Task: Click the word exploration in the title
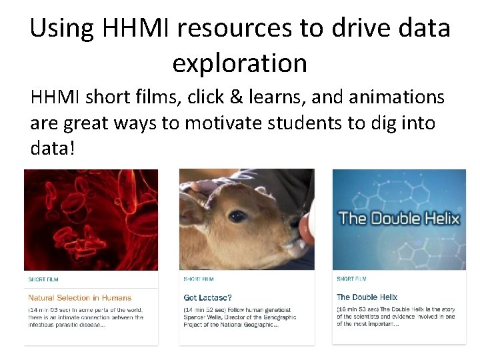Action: click(x=239, y=63)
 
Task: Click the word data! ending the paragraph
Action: click(x=53, y=148)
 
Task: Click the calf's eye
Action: click(x=237, y=216)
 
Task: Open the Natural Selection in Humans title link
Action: click(x=79, y=298)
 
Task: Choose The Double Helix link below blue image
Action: click(x=367, y=297)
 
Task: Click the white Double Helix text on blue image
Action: click(x=399, y=218)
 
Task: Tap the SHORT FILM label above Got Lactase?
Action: click(x=199, y=279)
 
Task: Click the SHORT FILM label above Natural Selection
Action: click(x=43, y=279)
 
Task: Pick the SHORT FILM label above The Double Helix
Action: click(x=351, y=279)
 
